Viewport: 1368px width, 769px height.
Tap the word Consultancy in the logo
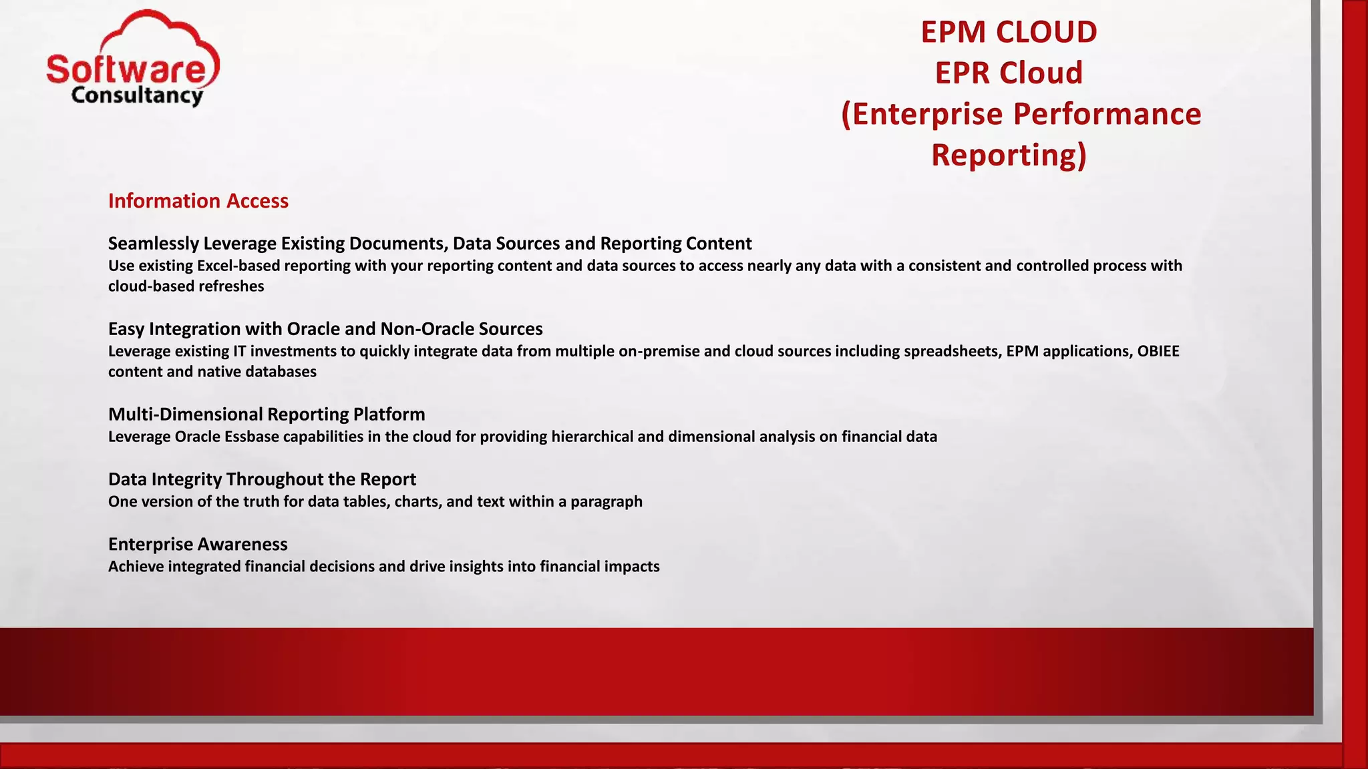point(137,95)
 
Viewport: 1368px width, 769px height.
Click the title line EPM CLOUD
point(1009,32)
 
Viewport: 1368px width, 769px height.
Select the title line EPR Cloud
point(1009,73)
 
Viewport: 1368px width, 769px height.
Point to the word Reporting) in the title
point(1009,155)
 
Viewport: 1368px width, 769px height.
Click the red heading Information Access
point(198,201)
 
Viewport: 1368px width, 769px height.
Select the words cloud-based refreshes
point(186,286)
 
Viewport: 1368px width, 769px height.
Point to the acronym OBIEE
point(1158,351)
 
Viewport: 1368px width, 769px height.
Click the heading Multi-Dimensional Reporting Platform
point(267,415)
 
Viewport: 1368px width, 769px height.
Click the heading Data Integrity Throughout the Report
point(262,479)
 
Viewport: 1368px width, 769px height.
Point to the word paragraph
point(607,501)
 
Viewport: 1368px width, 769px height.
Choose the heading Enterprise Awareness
point(198,544)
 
